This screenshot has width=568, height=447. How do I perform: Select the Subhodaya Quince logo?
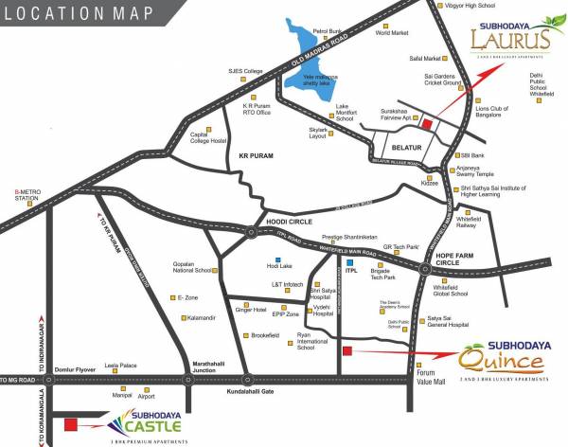(503, 360)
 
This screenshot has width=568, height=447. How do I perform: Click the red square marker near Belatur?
(426, 124)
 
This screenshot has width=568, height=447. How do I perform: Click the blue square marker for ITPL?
(349, 260)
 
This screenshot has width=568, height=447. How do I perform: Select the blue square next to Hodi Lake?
(277, 259)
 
